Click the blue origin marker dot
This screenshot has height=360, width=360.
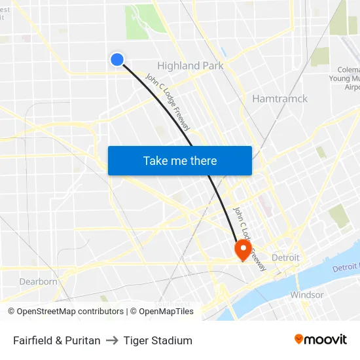pos(117,60)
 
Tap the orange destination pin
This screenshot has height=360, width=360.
pos(243,249)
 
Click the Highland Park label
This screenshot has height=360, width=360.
pos(190,65)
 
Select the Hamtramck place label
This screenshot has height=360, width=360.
pos(279,98)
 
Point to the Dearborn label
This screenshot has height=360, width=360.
pos(39,281)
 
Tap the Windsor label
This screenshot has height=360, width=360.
pos(307,295)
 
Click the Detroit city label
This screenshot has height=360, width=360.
pos(285,257)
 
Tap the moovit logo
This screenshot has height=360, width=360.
pos(321,340)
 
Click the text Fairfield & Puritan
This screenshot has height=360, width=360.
pos(57,340)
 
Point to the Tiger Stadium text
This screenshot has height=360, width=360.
pos(158,340)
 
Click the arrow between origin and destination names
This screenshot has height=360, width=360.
pos(112,340)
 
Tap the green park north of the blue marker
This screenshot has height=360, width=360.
pos(141,23)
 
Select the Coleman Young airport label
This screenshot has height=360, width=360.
pos(348,78)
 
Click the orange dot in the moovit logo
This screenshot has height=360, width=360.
pos(299,339)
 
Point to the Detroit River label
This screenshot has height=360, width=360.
pos(345,268)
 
